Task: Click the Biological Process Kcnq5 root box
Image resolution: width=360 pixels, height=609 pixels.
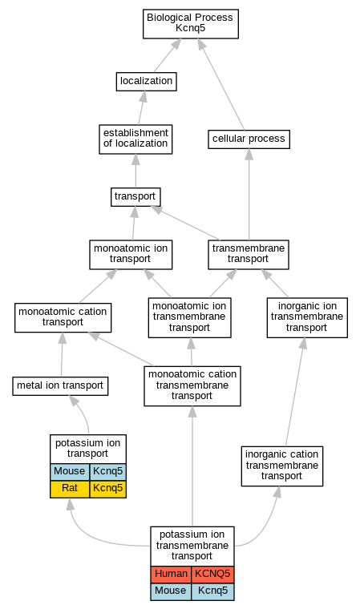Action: (191, 24)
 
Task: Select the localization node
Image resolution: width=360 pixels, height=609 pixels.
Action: (146, 82)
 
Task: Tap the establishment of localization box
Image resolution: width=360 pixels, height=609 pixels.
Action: (136, 139)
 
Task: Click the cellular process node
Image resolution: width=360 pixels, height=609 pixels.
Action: (249, 139)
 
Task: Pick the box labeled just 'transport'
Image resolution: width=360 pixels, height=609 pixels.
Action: (136, 197)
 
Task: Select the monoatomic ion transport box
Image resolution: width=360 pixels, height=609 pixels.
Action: (131, 254)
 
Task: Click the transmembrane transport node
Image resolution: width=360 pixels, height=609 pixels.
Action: (249, 254)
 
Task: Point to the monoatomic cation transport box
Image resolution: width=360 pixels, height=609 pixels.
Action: (63, 317)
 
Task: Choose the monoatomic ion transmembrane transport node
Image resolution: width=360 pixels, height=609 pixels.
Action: (190, 317)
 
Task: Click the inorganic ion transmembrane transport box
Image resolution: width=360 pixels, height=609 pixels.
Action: (307, 317)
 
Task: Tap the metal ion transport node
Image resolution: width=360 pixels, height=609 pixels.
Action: (60, 386)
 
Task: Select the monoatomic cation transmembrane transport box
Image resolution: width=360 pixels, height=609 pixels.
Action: (192, 386)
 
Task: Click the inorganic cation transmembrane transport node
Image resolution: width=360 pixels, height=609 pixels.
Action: (282, 466)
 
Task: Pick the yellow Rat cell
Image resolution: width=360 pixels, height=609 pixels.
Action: (70, 489)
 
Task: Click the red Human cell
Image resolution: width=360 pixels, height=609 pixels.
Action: (171, 575)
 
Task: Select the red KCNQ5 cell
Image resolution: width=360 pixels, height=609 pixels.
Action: (212, 575)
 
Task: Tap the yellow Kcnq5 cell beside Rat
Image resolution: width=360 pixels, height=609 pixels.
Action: (107, 489)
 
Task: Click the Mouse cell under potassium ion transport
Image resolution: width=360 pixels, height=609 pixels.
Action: (70, 472)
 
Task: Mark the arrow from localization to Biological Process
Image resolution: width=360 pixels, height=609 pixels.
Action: (168, 55)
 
